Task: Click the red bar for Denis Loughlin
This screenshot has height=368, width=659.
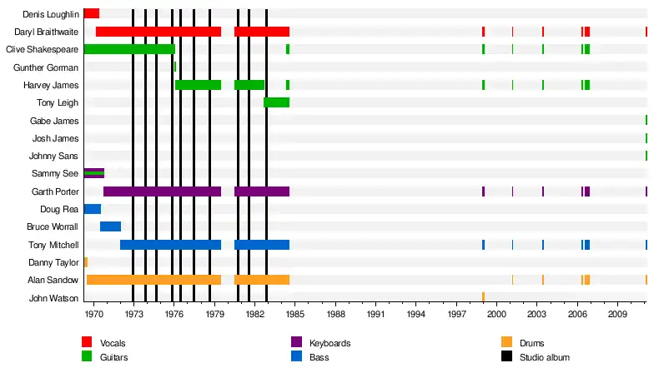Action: coord(91,13)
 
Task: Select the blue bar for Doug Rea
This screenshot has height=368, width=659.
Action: coord(92,209)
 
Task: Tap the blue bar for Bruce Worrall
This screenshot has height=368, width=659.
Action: coord(110,226)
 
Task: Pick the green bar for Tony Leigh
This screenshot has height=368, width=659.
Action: coord(276,102)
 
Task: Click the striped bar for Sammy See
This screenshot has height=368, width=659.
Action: coord(93,173)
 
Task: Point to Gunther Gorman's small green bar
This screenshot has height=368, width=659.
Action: coord(174,67)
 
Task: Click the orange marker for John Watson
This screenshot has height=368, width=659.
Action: coord(483,297)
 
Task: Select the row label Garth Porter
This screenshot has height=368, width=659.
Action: coord(56,191)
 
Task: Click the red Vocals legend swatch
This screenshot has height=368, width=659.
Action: coord(87,342)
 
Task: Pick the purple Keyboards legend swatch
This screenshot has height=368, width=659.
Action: coord(296,342)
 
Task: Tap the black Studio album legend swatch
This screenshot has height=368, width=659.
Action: coord(506,356)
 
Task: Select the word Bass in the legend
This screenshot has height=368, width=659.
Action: coord(318,357)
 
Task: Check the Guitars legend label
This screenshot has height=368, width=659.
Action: coord(113,357)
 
